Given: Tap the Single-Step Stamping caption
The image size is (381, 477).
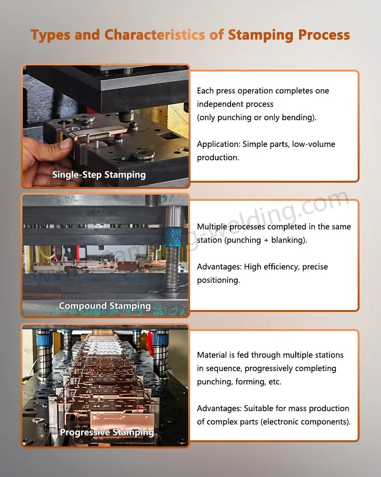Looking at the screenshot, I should click(99, 175).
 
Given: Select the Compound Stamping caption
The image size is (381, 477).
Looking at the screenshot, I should click(105, 306).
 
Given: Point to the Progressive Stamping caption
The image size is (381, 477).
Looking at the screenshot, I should click(107, 433).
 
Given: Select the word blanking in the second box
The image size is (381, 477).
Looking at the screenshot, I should click(288, 240).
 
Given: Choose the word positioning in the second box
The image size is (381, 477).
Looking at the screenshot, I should click(218, 280).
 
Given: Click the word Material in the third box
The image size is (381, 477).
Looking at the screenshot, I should click(213, 355).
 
